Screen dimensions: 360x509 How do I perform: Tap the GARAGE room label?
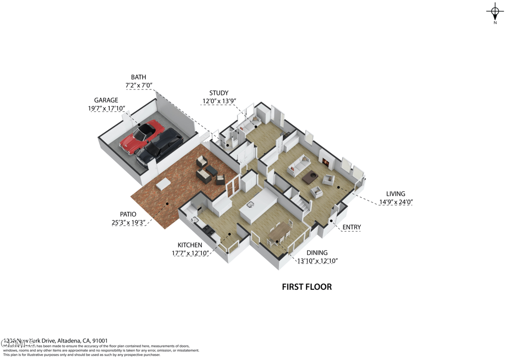(106, 100)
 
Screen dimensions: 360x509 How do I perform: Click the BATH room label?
(138, 77)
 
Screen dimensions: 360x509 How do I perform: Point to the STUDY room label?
(219, 93)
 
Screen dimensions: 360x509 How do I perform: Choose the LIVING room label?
(396, 194)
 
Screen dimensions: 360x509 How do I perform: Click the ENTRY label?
(351, 227)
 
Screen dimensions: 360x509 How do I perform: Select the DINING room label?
(317, 253)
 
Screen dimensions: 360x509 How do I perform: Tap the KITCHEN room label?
(190, 245)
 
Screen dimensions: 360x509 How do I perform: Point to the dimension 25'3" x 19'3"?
(128, 223)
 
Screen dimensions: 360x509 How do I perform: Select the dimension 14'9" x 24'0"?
(396, 202)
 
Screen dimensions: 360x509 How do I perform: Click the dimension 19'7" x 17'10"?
(106, 108)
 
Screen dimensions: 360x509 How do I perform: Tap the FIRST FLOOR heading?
(307, 287)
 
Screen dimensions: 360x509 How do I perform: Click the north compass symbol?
(495, 12)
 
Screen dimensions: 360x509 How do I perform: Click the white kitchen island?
(257, 204)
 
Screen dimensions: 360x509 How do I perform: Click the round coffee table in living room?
(312, 175)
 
